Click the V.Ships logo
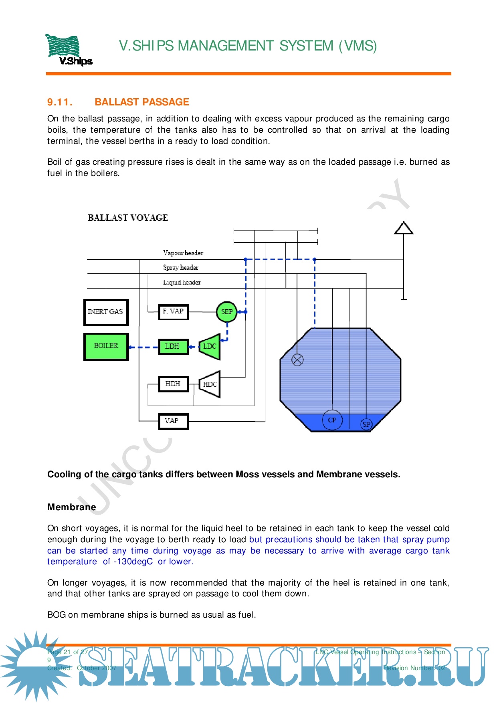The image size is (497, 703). tap(68, 50)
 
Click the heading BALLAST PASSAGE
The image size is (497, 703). tap(141, 102)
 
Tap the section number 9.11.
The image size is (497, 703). tap(60, 102)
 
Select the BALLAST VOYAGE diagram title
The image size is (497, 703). tap(128, 218)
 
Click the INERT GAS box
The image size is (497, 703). tap(106, 312)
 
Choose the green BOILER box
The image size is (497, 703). tap(106, 346)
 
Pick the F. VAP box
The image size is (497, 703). tap(173, 311)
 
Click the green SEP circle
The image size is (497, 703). tap(227, 312)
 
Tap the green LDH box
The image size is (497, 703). tap(173, 346)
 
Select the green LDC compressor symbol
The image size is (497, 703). tap(210, 346)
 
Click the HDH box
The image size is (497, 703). tap(173, 384)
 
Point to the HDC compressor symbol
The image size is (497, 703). tap(210, 384)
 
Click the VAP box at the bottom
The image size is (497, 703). tap(173, 421)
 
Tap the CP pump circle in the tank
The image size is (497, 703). tap(332, 420)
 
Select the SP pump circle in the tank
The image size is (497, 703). tap(366, 424)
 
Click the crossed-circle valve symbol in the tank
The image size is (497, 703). tap(297, 360)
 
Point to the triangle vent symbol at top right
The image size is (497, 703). tap(404, 228)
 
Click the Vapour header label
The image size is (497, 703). tap(183, 253)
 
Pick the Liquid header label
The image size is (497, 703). tap(182, 282)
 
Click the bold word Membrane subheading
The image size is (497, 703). tap(72, 507)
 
